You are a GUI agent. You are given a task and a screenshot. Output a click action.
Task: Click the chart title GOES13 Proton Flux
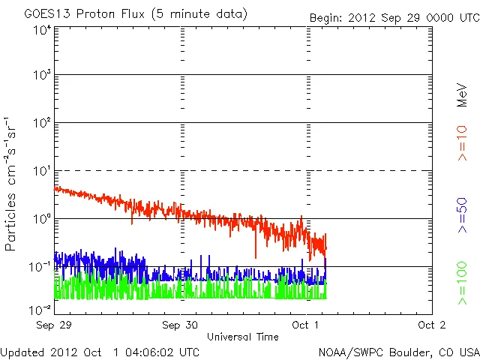coord(136,14)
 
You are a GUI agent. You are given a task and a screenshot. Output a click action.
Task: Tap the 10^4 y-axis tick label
coord(41,30)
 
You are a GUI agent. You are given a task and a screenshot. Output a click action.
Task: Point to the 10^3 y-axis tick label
coord(41,75)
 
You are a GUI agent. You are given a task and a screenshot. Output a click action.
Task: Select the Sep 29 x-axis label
coord(55,325)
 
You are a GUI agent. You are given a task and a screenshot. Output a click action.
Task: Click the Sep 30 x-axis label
coord(181,325)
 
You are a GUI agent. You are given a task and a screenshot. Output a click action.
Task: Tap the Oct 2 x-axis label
coord(431,325)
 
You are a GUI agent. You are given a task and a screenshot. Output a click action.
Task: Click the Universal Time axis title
coord(243,337)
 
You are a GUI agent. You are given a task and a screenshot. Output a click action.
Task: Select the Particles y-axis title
coord(12,184)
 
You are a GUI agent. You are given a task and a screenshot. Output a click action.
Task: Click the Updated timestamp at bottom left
coord(100,352)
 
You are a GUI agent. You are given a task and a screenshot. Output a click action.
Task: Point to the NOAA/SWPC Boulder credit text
coord(398,352)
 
